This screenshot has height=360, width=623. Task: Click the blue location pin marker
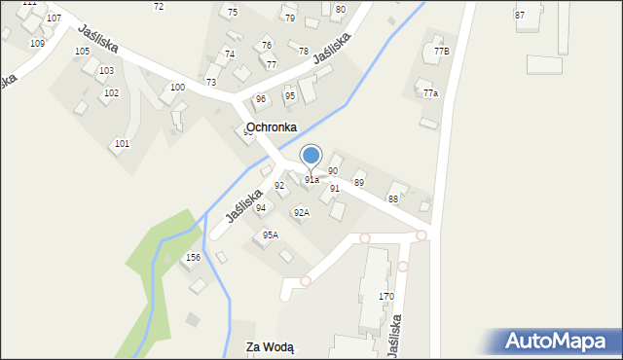(x=311, y=156)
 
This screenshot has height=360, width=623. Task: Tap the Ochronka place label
(x=258, y=127)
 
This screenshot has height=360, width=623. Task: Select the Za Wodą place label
(x=270, y=347)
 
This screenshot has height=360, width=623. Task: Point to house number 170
(x=386, y=297)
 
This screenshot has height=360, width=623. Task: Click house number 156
(x=193, y=258)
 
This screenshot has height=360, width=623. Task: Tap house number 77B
(x=442, y=51)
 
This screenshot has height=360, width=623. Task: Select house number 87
(x=520, y=16)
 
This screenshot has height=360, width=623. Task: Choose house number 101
(x=122, y=144)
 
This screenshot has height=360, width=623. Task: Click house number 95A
(x=271, y=234)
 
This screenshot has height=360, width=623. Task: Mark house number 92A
(x=302, y=213)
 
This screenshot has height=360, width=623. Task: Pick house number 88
(x=393, y=199)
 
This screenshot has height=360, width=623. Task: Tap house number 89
(x=359, y=183)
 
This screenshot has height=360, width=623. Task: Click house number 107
(x=54, y=18)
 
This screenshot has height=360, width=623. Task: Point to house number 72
(x=159, y=7)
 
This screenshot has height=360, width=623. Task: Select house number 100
(x=177, y=88)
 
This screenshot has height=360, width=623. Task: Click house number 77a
(x=430, y=93)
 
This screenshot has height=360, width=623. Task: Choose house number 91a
(x=311, y=180)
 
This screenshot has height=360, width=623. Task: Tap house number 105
(x=82, y=51)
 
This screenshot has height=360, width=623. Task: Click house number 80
(x=340, y=10)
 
